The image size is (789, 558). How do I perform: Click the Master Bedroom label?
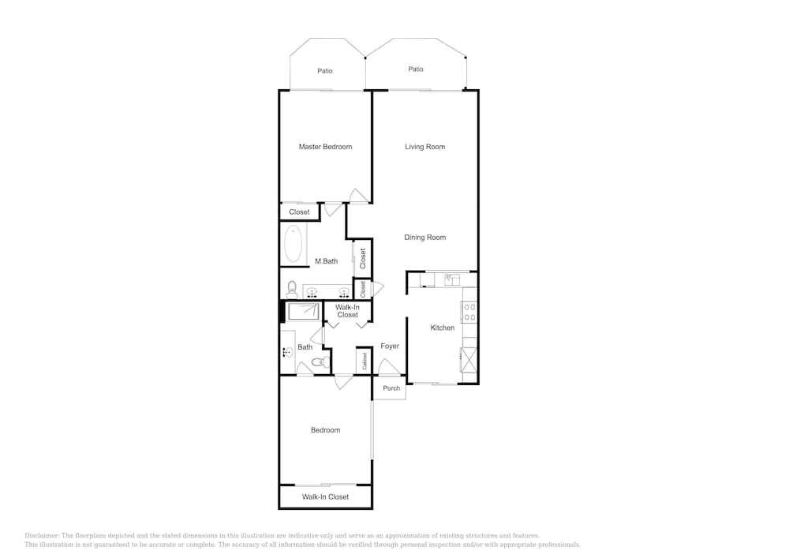(325, 147)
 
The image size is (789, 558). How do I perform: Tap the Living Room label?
(424, 147)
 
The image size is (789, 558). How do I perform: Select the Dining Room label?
(424, 238)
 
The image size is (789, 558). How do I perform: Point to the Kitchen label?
(443, 328)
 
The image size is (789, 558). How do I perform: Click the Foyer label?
(390, 346)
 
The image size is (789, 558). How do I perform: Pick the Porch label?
(391, 388)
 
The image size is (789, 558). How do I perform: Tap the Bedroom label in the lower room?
(325, 430)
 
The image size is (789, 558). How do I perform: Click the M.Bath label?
(326, 261)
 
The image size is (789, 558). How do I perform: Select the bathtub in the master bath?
(294, 244)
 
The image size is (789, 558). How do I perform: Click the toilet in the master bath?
(292, 289)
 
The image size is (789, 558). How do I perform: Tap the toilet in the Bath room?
(320, 361)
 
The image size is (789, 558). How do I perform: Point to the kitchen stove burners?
(469, 312)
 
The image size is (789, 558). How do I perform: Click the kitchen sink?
(452, 279)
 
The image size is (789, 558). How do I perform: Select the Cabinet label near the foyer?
(365, 361)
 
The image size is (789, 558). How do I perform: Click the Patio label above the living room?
(416, 69)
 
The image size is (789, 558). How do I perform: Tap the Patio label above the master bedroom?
(324, 71)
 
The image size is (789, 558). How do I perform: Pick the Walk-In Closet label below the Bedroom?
(325, 496)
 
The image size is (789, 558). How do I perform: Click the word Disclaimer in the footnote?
(42, 535)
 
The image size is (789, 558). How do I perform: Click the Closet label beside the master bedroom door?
(299, 212)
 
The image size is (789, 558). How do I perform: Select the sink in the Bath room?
(287, 353)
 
